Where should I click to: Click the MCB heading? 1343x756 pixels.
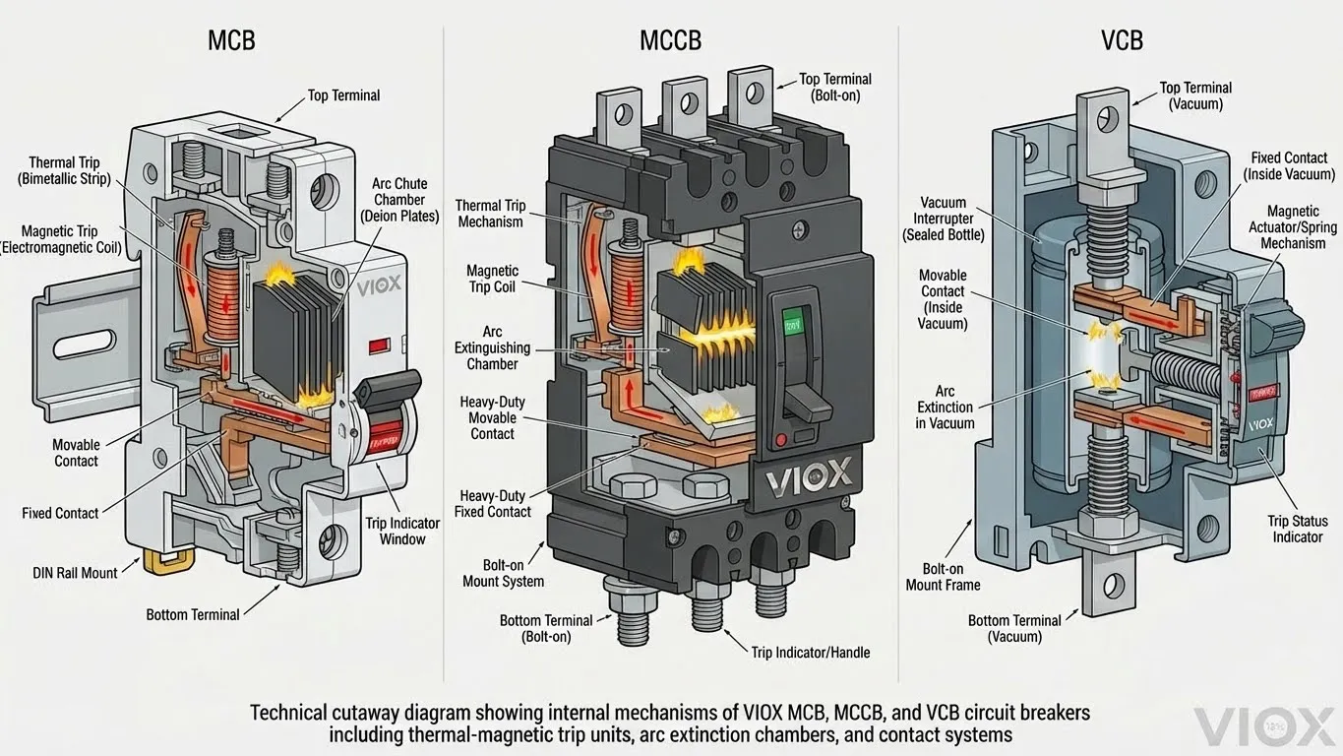pyautogui.click(x=233, y=41)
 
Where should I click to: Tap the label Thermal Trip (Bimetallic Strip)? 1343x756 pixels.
pyautogui.click(x=64, y=170)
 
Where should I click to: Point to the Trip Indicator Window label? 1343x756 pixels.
pyautogui.click(x=402, y=531)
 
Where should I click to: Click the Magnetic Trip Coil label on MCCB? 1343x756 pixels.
pyautogui.click(x=493, y=279)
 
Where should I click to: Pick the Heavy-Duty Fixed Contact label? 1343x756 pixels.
pyautogui.click(x=492, y=504)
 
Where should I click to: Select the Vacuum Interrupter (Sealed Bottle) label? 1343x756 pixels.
pyautogui.click(x=942, y=219)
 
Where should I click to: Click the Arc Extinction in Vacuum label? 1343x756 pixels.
pyautogui.click(x=946, y=407)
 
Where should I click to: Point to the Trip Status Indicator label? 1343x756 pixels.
pyautogui.click(x=1298, y=529)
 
